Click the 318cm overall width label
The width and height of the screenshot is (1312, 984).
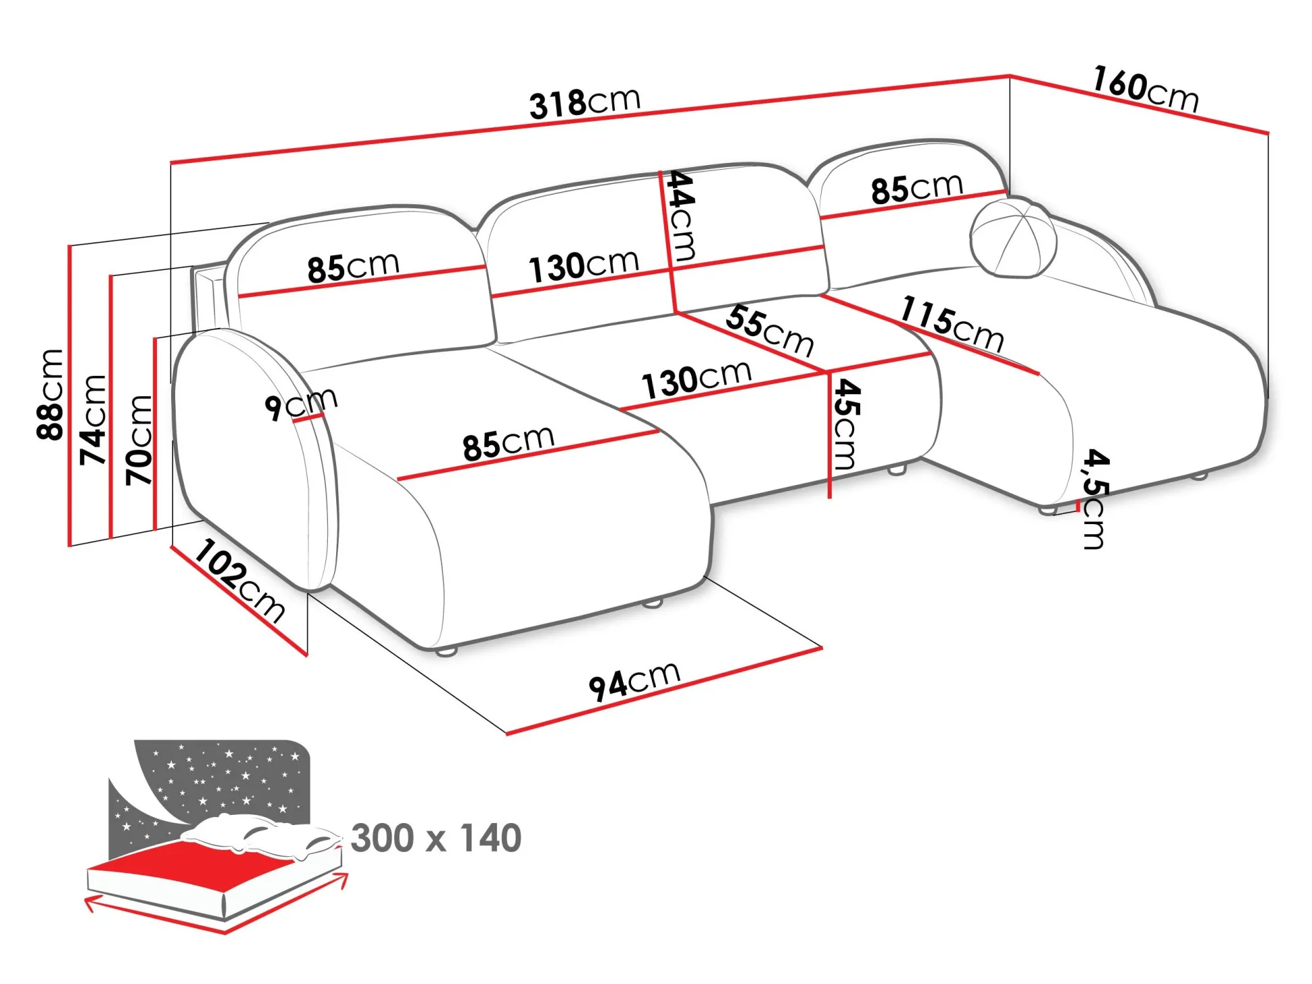(x=584, y=103)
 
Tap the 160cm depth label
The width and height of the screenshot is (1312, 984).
(x=1146, y=89)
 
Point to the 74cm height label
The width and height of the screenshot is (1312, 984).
(x=93, y=419)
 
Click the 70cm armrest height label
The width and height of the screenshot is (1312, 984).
(x=139, y=440)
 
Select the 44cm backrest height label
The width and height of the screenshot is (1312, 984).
(x=681, y=216)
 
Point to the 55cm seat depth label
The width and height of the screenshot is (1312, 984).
(x=770, y=330)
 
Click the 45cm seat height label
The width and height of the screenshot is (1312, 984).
(x=845, y=424)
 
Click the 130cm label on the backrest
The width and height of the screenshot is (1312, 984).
(x=583, y=266)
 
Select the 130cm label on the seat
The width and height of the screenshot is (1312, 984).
(x=696, y=380)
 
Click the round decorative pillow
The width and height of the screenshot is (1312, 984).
(x=1012, y=237)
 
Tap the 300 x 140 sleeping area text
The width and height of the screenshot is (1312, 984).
(x=436, y=838)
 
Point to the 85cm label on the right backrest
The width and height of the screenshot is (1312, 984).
(x=916, y=188)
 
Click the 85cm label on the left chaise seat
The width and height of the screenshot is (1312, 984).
(x=508, y=443)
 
